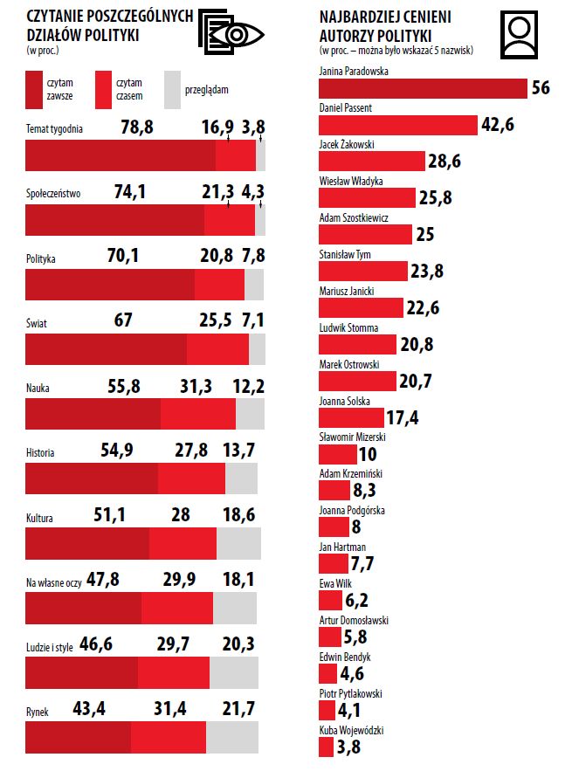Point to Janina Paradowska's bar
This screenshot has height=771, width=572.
pos(423,88)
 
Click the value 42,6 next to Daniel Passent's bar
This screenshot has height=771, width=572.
pos(497,125)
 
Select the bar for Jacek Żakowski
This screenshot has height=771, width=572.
pos(370,161)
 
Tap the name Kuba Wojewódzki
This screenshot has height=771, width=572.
pos(352,731)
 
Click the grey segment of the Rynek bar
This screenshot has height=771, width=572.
pos(232,737)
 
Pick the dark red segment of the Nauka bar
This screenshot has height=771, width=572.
pos(93,413)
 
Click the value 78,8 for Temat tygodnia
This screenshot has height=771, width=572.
pos(137,127)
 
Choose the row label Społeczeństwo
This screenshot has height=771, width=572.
pos(54,194)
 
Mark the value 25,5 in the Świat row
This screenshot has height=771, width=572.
pos(215,321)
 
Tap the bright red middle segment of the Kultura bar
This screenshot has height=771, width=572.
pos(183,543)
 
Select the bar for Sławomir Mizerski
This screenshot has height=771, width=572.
pos(337,454)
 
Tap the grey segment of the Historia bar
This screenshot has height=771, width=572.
pos(241,478)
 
